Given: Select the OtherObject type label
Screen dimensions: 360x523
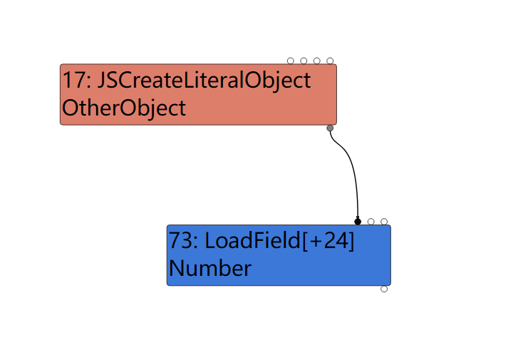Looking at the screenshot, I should tap(123, 108).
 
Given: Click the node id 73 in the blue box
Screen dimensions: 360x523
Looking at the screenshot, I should tap(180, 241).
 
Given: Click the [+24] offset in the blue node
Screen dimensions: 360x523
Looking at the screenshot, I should tap(328, 241).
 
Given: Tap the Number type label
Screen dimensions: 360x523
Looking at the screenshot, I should tap(210, 269).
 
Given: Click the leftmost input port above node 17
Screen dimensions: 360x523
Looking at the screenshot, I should tap(291, 61).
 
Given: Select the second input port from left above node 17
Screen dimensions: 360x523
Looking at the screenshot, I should tap(304, 61).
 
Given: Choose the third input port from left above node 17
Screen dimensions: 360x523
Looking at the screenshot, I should tap(316, 61).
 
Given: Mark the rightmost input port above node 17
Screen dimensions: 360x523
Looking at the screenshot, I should tap(330, 61).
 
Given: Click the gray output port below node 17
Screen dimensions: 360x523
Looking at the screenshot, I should tap(330, 128).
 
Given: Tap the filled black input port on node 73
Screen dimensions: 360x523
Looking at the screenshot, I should tap(358, 222).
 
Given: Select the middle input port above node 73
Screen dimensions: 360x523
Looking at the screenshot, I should tap(371, 222).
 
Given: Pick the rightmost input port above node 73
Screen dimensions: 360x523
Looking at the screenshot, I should tap(384, 222).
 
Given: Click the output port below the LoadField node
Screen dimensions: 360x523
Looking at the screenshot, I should tap(384, 289).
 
